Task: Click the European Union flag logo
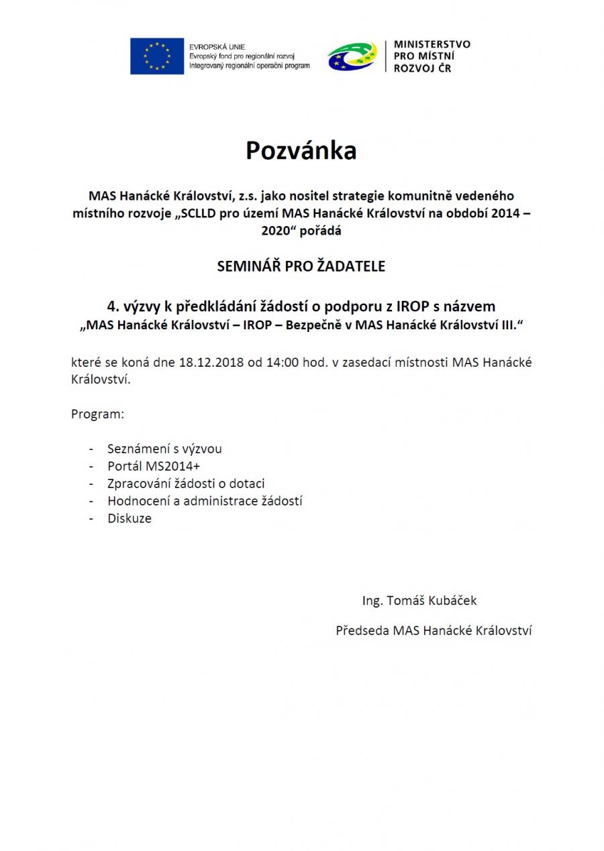[157, 56]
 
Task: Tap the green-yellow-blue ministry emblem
[352, 56]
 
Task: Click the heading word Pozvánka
[301, 151]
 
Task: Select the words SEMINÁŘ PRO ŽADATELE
[301, 266]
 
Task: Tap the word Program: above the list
[98, 414]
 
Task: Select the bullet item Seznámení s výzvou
[164, 449]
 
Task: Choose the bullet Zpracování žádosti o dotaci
[186, 484]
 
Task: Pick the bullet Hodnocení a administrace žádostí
[205, 501]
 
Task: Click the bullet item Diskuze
[130, 518]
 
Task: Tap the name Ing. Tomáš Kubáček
[419, 601]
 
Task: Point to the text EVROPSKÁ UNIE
[217, 47]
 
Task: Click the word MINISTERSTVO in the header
[432, 44]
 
